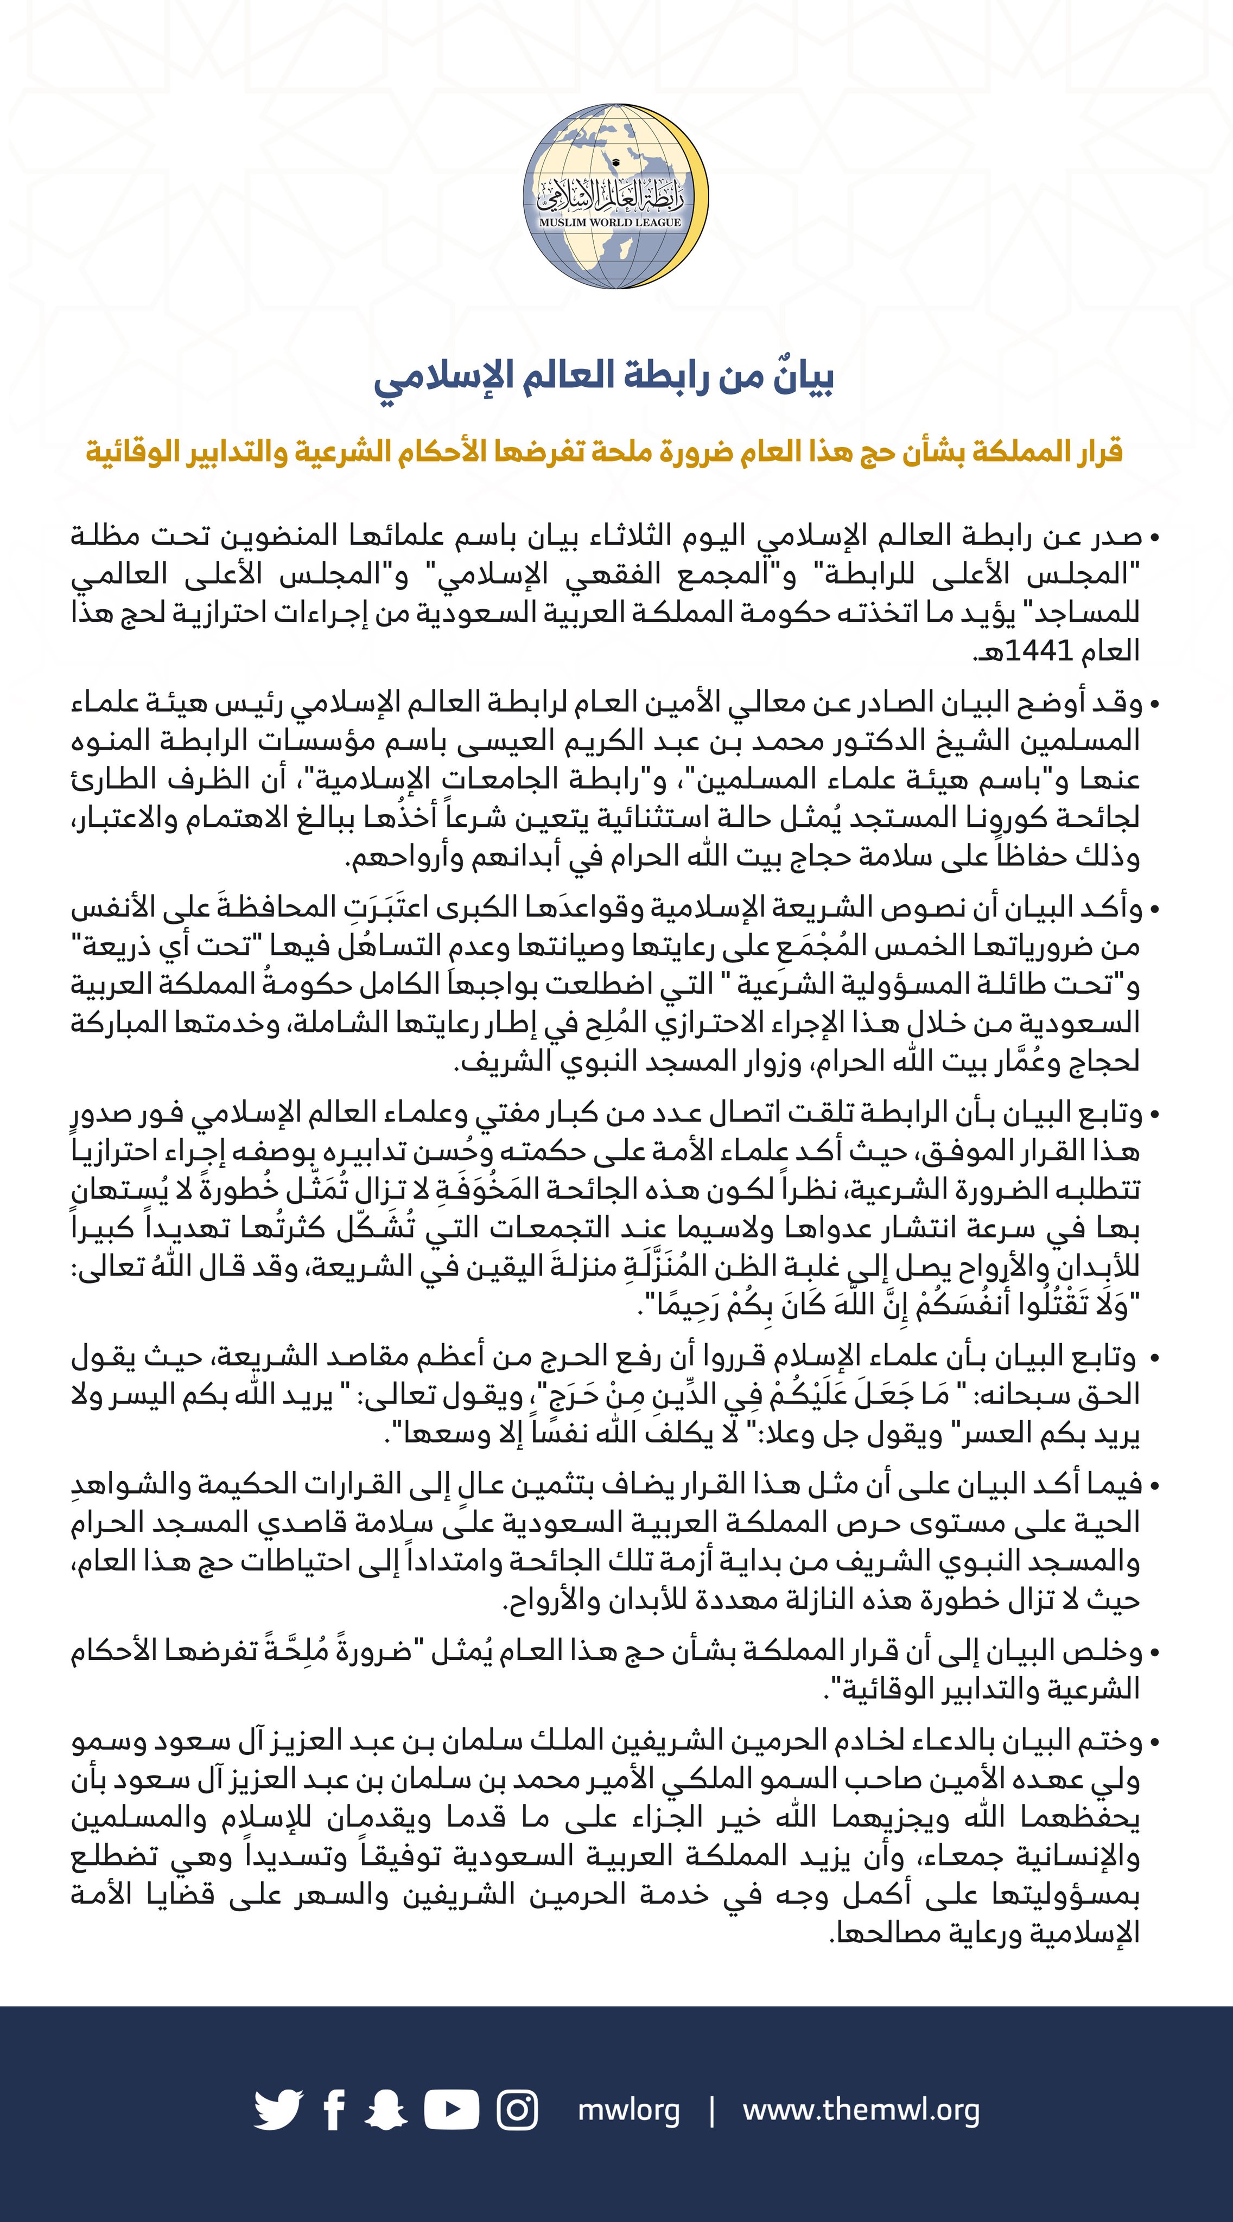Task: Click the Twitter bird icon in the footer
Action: (x=278, y=2110)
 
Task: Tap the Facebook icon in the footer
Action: (x=335, y=2110)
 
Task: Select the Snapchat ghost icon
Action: (x=386, y=2110)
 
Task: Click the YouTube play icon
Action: (x=452, y=2110)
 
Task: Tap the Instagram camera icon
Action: (x=518, y=2110)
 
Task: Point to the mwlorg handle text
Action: (x=628, y=2110)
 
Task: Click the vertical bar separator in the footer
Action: (x=712, y=2110)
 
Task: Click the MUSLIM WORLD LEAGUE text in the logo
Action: (x=610, y=222)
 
